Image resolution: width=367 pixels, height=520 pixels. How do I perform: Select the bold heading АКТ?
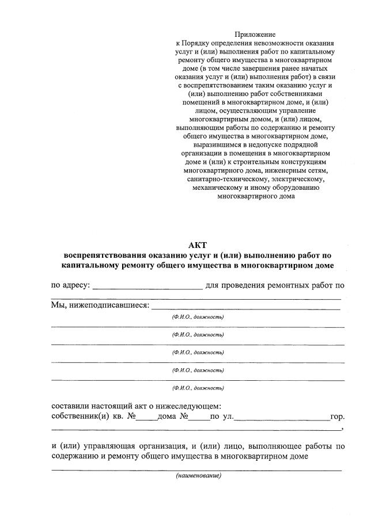[x=197, y=245]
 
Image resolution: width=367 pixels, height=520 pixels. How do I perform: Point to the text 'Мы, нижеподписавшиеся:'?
[x=100, y=304]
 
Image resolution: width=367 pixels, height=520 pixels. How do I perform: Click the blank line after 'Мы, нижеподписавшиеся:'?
[x=245, y=307]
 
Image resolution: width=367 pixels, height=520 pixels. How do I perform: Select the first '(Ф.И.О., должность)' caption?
[x=198, y=317]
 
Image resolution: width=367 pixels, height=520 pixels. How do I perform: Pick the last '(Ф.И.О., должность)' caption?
[x=198, y=388]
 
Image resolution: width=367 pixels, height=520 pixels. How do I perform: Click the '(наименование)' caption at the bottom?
[x=198, y=476]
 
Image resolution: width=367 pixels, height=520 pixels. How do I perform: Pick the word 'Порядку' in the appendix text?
[x=195, y=44]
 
